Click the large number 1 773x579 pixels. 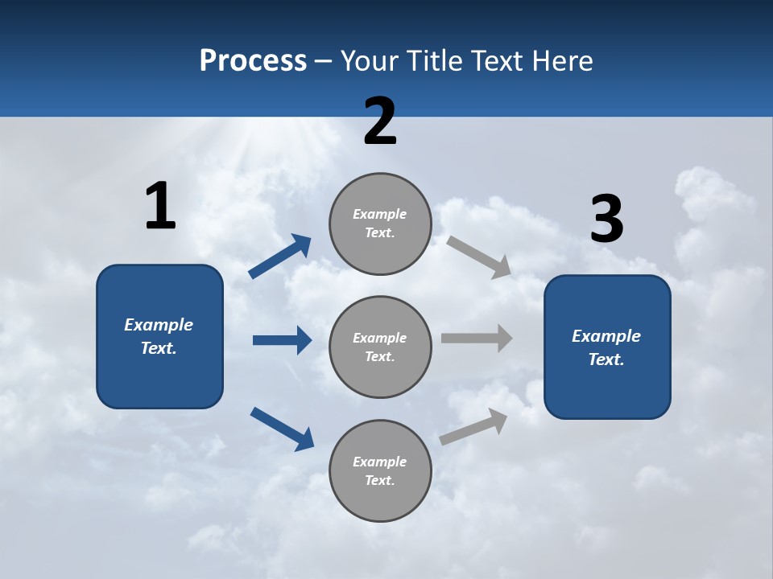pos(160,207)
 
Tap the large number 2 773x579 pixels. pos(380,122)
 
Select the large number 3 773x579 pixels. pos(606,220)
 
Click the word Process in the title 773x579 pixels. pos(253,61)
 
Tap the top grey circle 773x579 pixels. pos(380,224)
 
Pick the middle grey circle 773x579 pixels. pos(380,347)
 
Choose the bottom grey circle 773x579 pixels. pos(380,471)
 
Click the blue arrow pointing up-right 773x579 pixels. pos(280,257)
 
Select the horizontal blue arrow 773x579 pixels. pos(282,340)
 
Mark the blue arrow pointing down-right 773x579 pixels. pos(282,429)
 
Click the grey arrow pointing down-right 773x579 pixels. pos(479,257)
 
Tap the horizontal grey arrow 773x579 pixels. pos(477,338)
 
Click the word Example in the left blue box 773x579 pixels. pos(159,325)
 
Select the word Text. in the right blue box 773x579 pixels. pos(606,359)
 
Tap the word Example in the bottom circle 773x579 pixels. pos(380,462)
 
